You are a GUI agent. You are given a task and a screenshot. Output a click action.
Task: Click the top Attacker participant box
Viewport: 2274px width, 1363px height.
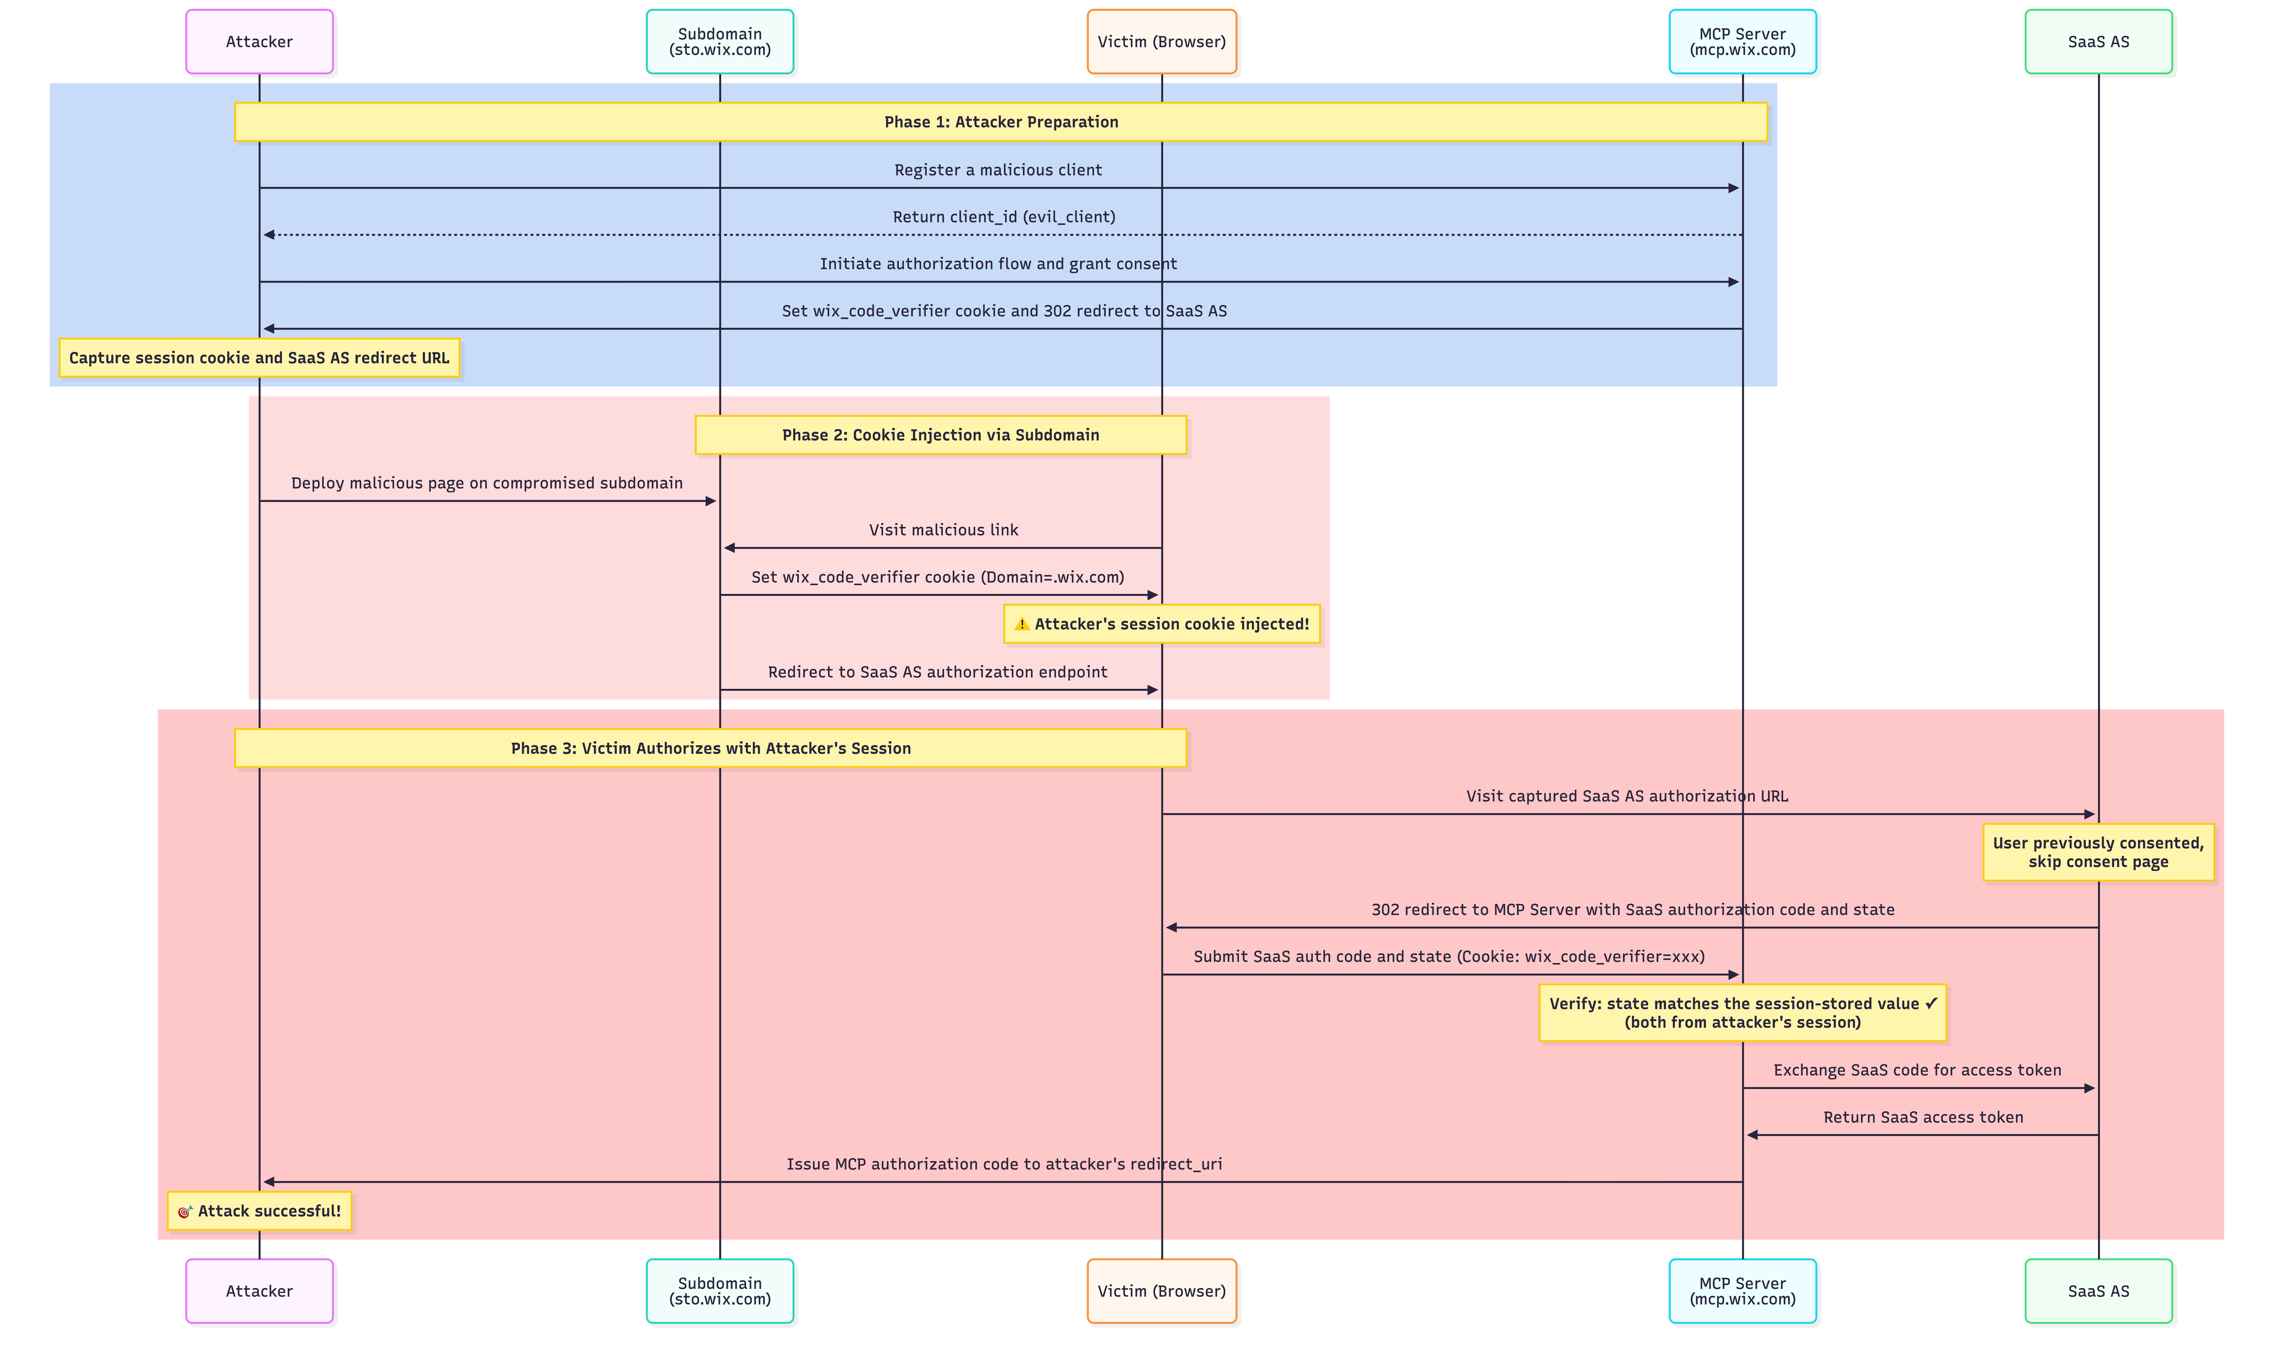click(x=259, y=41)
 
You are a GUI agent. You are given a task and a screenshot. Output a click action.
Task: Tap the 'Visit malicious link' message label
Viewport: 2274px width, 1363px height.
click(x=943, y=530)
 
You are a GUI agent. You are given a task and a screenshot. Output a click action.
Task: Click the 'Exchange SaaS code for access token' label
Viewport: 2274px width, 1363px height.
click(x=1917, y=1070)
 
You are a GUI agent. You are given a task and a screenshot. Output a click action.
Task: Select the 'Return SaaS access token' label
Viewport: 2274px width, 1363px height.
click(x=1922, y=1117)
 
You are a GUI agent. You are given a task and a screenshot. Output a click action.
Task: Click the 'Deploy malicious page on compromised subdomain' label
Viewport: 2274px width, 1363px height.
click(x=487, y=483)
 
